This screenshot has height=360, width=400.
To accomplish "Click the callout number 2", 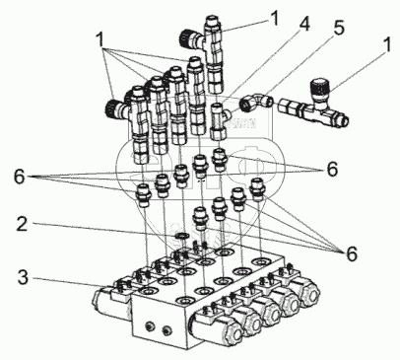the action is pos(22,224).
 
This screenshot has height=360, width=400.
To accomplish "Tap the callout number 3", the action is pos(23,277).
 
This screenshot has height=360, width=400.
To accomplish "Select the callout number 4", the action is pos(303,24).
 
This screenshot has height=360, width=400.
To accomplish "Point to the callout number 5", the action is pos(338,28).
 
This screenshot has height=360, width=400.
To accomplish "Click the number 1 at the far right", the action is pos(387,44).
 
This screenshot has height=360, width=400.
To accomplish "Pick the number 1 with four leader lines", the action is pos(100,39).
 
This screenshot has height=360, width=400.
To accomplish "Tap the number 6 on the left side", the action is pos(20,178).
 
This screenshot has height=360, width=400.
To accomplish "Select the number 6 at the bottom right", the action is pos(351,254).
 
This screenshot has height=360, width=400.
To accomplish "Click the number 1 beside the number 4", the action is pos(274,18).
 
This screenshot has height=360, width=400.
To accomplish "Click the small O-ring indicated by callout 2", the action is pos(180,236).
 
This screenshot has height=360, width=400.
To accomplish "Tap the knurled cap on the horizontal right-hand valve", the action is pos(320,88).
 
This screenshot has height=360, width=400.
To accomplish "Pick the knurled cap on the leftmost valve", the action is pos(113,108).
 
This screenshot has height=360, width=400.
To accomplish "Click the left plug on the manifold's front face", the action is pos(150,325).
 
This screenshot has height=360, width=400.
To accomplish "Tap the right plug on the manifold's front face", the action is pos(167,329).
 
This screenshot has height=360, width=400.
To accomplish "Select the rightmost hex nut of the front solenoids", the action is pos(310,293).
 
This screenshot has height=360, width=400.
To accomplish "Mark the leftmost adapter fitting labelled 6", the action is pos(143,195).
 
